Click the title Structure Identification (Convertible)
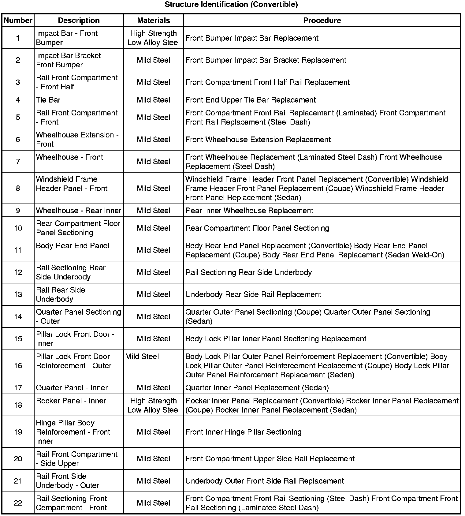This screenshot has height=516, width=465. [x=231, y=5]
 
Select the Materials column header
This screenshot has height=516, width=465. [x=153, y=21]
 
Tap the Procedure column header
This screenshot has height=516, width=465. [x=322, y=21]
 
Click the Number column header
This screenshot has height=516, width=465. [x=18, y=21]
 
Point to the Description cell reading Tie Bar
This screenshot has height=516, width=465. [x=48, y=100]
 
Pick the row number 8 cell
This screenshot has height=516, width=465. [x=18, y=188]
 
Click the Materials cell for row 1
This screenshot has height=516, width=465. [x=153, y=38]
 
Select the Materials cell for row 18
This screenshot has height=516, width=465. [x=153, y=405]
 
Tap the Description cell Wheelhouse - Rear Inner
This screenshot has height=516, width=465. [x=79, y=211]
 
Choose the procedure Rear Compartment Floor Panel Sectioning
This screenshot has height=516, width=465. [x=257, y=228]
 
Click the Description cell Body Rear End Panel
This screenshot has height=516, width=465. [x=73, y=246]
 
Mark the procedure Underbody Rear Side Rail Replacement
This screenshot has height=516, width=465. [x=253, y=295]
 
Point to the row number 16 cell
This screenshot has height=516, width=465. [x=18, y=365]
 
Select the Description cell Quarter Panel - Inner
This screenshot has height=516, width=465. [x=72, y=388]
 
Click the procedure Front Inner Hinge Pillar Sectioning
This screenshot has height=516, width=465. [x=244, y=432]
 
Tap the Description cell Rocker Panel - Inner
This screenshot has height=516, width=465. [x=71, y=401]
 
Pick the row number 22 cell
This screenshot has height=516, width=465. [x=18, y=503]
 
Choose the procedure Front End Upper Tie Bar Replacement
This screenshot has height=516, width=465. [x=251, y=100]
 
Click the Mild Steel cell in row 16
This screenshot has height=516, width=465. [x=142, y=357]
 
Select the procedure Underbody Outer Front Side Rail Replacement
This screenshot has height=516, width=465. [x=265, y=481]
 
